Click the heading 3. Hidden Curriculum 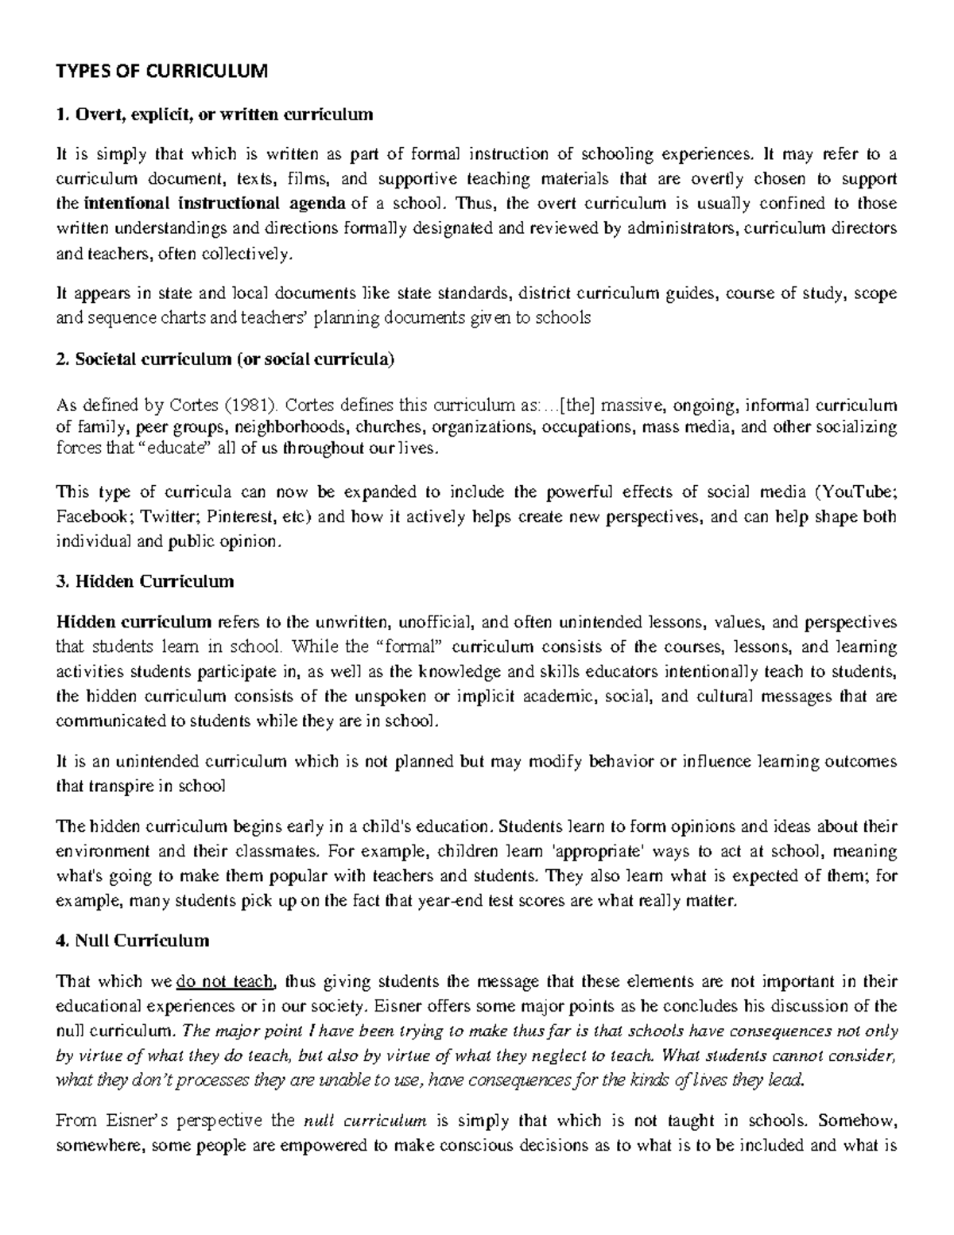145,581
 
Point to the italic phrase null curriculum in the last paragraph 366,1121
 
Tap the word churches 390,427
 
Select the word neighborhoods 291,427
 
